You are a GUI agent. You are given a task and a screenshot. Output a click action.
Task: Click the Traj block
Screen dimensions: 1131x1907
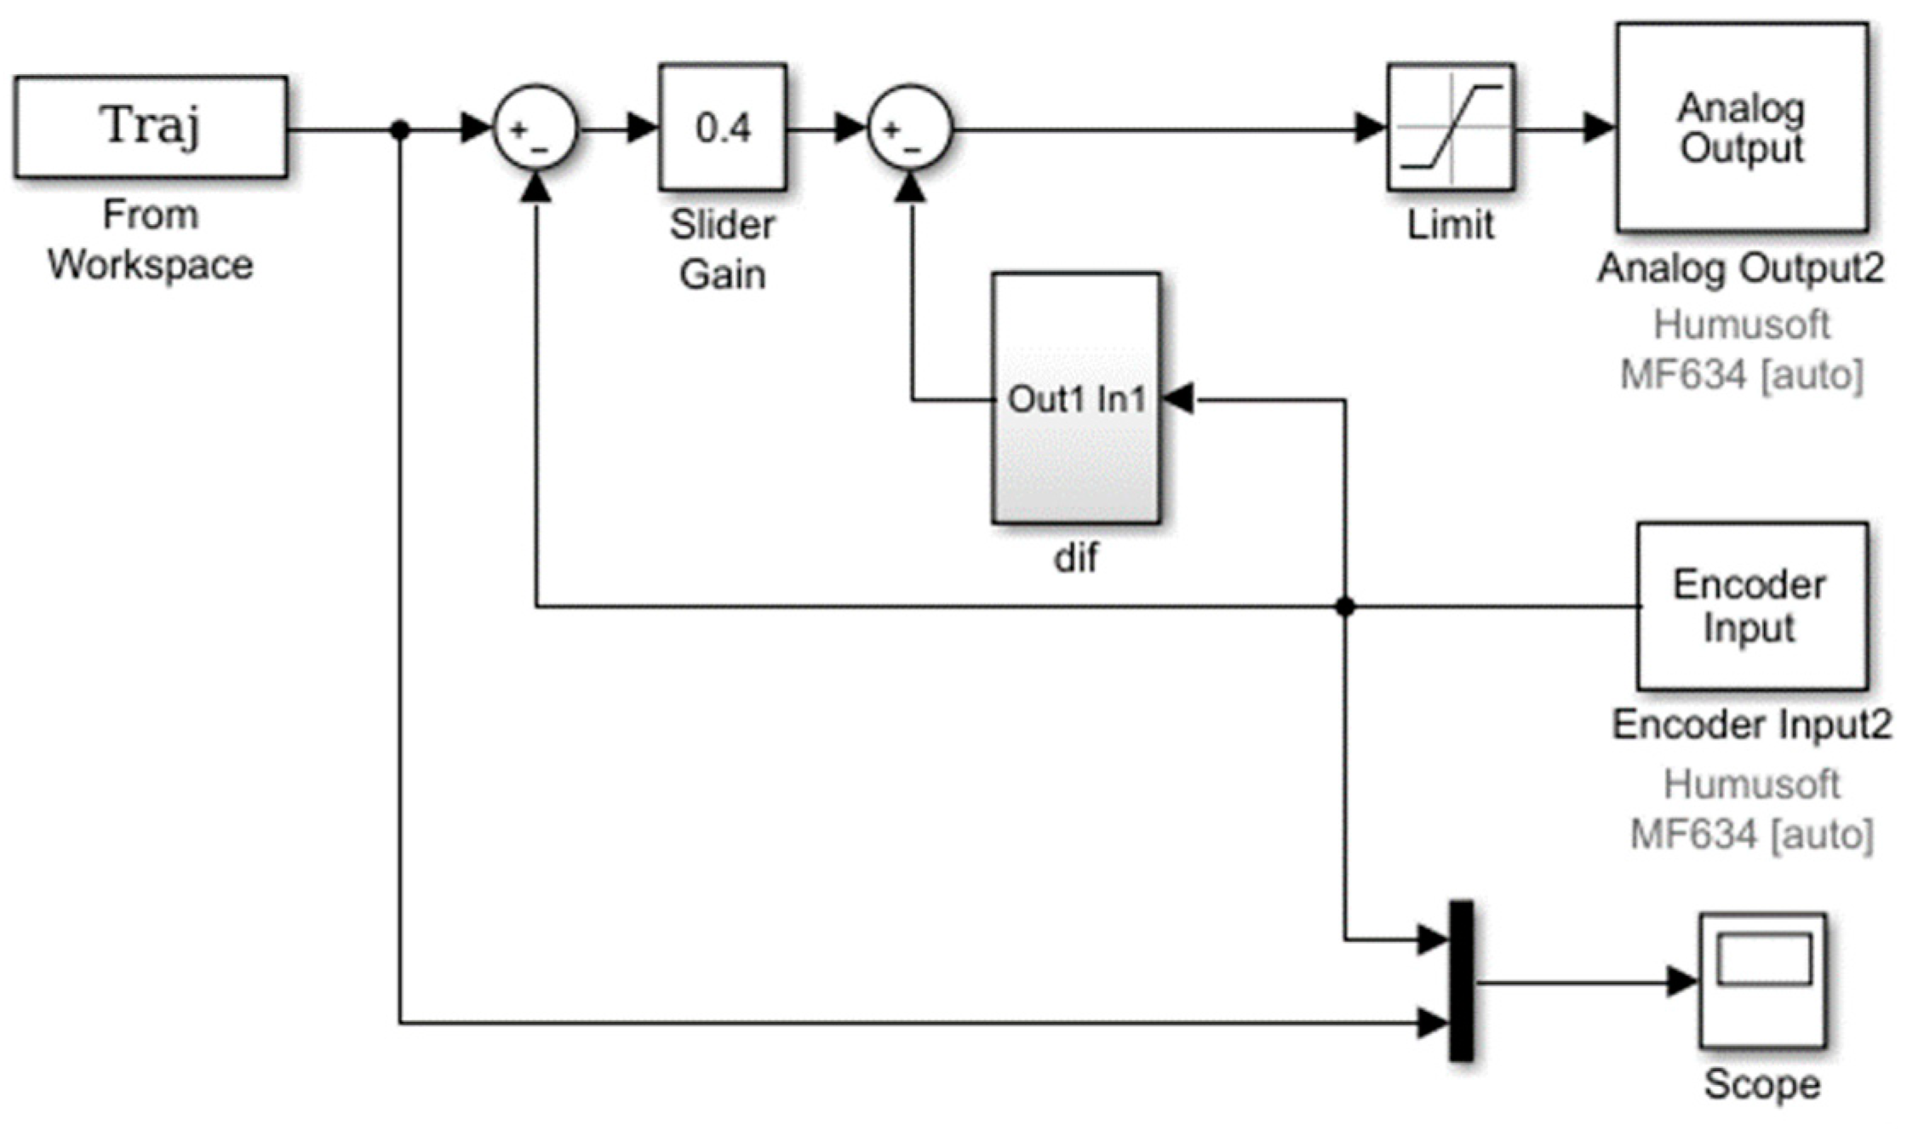tap(151, 127)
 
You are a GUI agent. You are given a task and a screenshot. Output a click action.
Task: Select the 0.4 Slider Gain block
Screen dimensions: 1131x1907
tap(722, 127)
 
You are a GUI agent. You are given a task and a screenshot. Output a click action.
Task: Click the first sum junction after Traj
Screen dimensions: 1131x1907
tap(535, 129)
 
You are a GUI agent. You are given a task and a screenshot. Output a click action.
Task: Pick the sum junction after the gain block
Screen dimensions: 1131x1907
tap(909, 129)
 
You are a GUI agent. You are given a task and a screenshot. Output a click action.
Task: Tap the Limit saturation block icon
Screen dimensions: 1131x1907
tap(1450, 127)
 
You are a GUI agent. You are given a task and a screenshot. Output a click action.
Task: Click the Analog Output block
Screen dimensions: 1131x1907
tap(1742, 127)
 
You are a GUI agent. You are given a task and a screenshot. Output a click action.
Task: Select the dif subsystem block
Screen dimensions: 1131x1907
tap(1076, 398)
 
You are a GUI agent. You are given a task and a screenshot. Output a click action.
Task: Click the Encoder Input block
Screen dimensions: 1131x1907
tap(1751, 606)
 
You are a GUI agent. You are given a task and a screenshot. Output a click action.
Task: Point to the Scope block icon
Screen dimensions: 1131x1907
tap(1763, 980)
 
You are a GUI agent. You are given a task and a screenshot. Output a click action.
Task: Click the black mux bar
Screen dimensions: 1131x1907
tap(1461, 980)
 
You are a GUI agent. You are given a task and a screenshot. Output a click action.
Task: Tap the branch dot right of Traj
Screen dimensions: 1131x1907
tap(400, 129)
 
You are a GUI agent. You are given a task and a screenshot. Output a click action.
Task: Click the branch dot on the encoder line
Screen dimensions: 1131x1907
tap(1345, 606)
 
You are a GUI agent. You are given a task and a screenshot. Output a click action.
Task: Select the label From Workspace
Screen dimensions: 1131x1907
tap(151, 239)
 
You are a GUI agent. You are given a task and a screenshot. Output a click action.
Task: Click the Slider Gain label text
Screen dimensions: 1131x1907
tap(722, 250)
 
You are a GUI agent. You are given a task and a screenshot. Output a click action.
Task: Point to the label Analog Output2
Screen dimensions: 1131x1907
tap(1740, 268)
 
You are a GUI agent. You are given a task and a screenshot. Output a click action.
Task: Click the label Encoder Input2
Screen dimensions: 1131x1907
tap(1751, 725)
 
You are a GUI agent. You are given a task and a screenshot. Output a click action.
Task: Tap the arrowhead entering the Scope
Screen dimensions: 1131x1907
tap(1682, 981)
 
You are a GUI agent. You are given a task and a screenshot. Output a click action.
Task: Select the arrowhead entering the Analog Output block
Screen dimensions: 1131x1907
tap(1600, 129)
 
